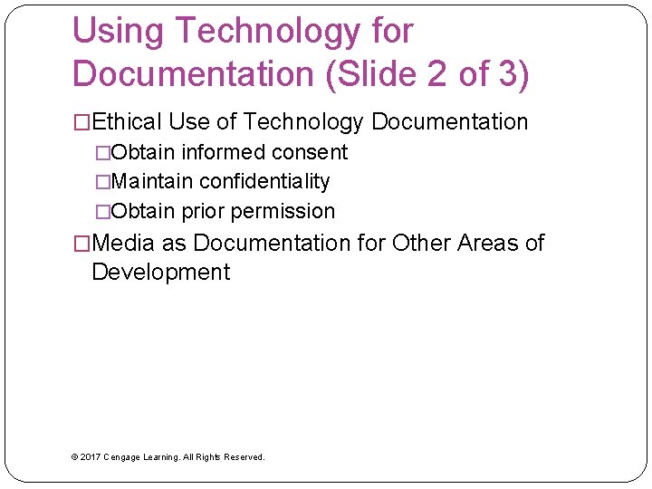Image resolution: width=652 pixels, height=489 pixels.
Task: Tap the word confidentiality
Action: (x=264, y=181)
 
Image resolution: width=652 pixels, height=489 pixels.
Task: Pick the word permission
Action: (x=283, y=211)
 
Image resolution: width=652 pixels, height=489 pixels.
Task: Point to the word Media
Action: (x=123, y=243)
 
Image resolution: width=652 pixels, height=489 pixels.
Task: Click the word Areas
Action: (x=487, y=243)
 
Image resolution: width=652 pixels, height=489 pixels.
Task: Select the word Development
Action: (x=161, y=272)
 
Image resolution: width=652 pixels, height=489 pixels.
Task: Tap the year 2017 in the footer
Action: (x=90, y=457)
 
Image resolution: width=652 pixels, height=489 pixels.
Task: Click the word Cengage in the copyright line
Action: (x=123, y=457)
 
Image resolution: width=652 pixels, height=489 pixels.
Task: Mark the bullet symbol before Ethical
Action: (x=81, y=122)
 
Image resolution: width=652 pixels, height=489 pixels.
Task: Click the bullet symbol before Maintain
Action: (x=101, y=181)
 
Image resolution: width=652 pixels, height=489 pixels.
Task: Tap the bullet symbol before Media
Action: (x=81, y=243)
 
